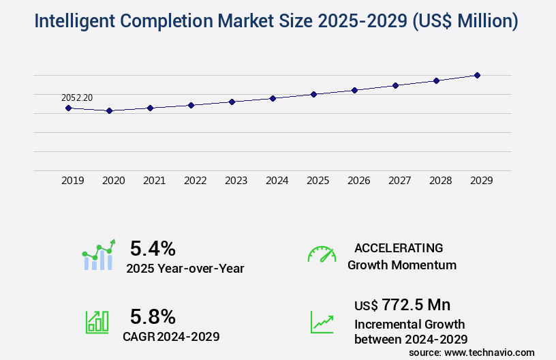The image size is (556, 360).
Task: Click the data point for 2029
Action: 478,75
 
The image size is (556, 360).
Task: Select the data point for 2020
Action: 109,110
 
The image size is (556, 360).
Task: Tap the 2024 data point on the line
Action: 273,98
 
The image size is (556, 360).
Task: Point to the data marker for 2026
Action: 354,90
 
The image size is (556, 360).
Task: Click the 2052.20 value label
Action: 77,98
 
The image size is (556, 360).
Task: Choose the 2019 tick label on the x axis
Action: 73,181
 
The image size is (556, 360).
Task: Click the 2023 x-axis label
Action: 236,181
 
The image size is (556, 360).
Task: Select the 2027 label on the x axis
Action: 400,181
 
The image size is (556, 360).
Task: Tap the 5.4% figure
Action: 153,248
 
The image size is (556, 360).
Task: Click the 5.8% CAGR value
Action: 153,316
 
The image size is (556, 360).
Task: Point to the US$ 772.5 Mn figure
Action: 402,304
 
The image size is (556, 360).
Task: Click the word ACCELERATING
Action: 399,248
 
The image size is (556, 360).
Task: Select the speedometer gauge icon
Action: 322,254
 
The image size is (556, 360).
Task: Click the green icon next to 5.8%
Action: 97,322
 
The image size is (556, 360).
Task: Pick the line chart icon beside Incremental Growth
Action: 322,322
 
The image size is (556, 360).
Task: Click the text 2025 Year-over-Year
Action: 185,269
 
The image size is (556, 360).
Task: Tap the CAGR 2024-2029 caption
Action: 171,336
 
